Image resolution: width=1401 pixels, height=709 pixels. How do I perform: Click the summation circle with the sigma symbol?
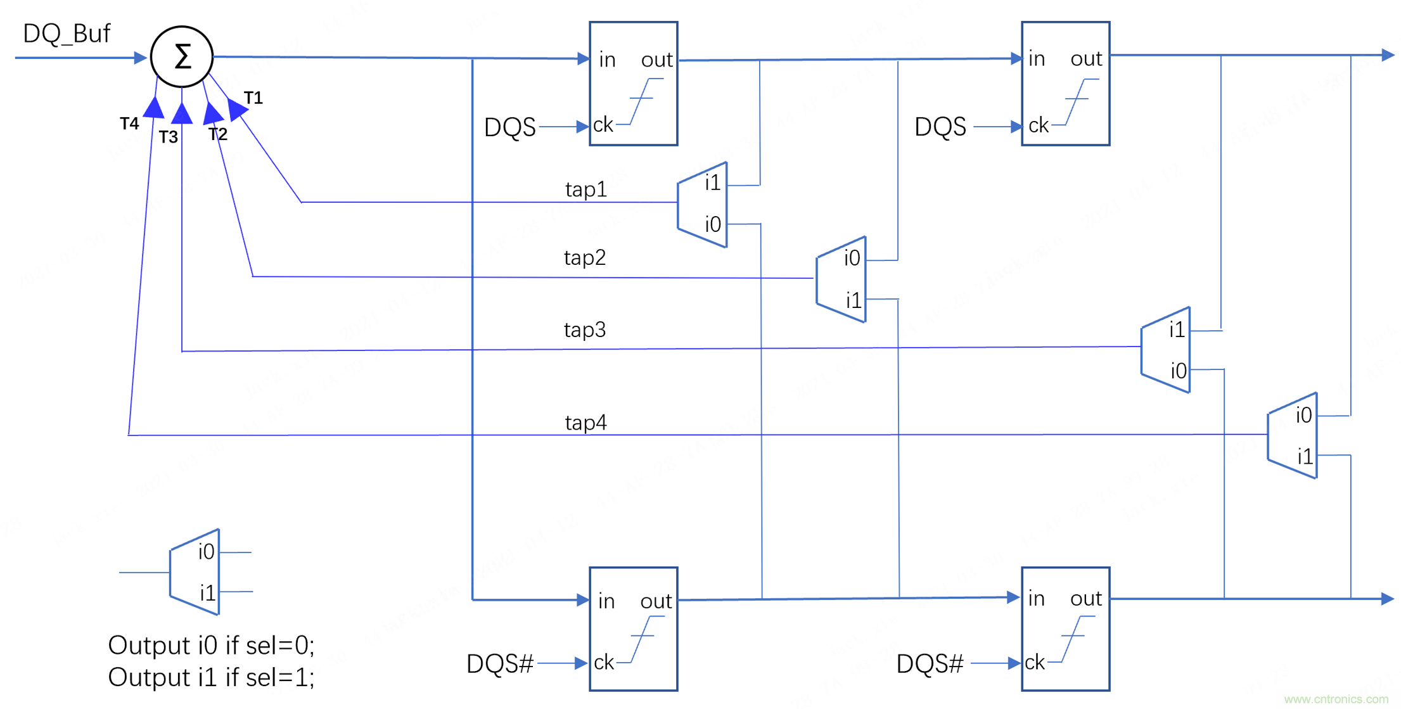(182, 57)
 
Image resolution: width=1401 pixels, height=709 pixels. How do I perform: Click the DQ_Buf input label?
(67, 33)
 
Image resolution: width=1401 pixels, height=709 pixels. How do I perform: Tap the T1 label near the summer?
(253, 98)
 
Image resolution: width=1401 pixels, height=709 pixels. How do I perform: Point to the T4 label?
(129, 123)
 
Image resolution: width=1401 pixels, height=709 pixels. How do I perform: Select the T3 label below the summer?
(168, 137)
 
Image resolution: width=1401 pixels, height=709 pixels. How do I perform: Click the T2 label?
(217, 134)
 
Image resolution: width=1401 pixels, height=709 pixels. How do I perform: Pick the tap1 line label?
(585, 189)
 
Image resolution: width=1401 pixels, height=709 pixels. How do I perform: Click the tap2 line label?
(584, 257)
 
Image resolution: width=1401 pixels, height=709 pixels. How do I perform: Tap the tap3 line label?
(584, 329)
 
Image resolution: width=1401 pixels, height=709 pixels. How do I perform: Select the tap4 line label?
(585, 422)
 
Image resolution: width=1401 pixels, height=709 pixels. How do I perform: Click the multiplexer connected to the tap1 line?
(703, 205)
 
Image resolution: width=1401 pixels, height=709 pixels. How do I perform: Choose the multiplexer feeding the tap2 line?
(841, 279)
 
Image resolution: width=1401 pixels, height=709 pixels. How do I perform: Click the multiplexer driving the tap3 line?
(1166, 350)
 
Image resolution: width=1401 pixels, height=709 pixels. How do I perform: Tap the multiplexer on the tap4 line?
(1293, 435)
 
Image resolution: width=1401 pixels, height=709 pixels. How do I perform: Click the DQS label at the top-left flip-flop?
(509, 127)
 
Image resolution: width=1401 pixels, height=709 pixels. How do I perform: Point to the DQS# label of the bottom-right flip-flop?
(930, 663)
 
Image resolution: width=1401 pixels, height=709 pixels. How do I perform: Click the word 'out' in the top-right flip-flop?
(1086, 59)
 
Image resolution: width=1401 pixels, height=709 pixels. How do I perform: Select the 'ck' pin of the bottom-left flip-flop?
(604, 662)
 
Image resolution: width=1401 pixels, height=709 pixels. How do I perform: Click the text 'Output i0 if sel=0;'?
(211, 645)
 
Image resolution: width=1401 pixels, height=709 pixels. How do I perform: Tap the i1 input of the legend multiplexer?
(208, 592)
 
